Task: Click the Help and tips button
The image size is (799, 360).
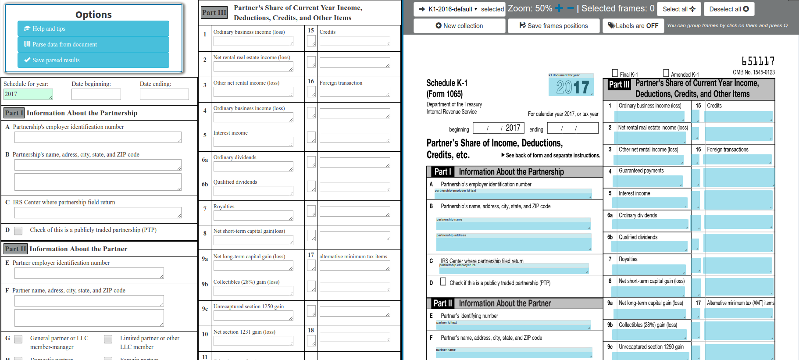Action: click(x=93, y=29)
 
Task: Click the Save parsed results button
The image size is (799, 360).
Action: click(x=93, y=60)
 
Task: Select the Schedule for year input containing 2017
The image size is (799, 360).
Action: click(x=28, y=94)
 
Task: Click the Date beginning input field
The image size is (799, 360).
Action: click(x=96, y=94)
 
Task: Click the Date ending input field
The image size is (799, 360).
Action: click(x=164, y=94)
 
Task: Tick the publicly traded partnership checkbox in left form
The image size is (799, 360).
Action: click(x=18, y=231)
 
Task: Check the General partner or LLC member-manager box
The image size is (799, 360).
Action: click(x=18, y=339)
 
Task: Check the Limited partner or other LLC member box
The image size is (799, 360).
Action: click(x=108, y=339)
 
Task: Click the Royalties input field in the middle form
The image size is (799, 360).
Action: click(x=253, y=215)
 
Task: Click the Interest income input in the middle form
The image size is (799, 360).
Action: click(x=253, y=142)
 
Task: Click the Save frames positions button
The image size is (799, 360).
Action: click(x=553, y=26)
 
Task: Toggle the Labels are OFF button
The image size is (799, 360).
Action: click(x=633, y=26)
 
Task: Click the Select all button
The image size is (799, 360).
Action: click(x=678, y=9)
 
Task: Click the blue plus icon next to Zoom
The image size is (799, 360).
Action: click(x=559, y=8)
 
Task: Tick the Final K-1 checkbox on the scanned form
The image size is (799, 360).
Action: click(x=615, y=73)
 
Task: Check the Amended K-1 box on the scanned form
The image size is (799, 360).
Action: click(x=666, y=73)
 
